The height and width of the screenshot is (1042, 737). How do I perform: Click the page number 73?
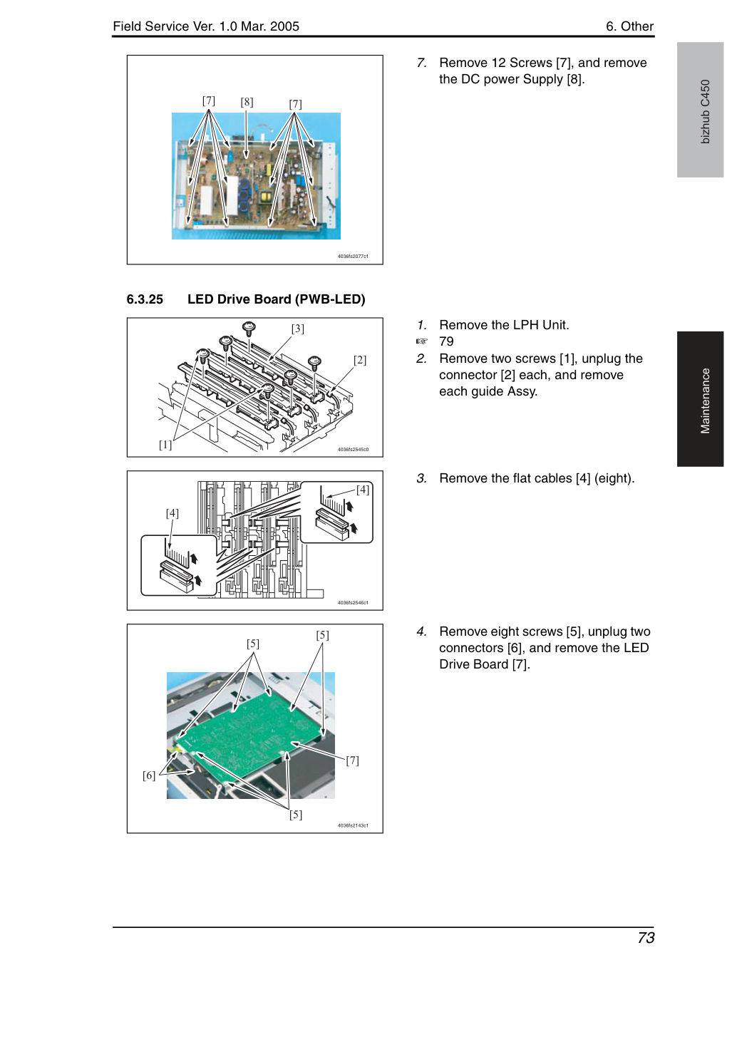[x=646, y=937]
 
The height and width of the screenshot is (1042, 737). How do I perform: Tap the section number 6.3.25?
[x=145, y=299]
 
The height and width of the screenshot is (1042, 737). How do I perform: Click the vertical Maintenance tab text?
[x=705, y=401]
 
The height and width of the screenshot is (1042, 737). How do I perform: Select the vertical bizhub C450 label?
[x=705, y=112]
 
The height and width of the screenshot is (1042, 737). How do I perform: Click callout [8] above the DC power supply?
[x=247, y=102]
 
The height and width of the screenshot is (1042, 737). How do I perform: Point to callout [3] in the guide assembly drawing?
[x=298, y=329]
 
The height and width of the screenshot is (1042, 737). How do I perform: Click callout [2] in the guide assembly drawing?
[x=360, y=360]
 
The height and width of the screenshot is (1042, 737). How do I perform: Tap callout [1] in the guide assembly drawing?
[x=165, y=445]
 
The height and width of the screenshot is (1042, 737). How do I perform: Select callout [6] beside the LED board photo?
[x=149, y=775]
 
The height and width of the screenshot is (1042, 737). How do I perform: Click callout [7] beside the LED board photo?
[x=352, y=760]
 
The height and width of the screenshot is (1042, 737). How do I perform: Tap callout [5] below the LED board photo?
[x=296, y=815]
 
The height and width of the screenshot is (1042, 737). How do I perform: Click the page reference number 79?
[x=446, y=341]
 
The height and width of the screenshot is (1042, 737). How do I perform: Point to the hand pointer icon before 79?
[x=421, y=341]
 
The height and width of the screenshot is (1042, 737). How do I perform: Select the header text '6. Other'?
[x=629, y=26]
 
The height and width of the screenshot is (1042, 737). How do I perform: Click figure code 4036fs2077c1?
[x=353, y=257]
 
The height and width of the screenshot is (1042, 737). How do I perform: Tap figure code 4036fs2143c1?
[x=353, y=826]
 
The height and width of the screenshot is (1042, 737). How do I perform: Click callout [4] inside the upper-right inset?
[x=363, y=490]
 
